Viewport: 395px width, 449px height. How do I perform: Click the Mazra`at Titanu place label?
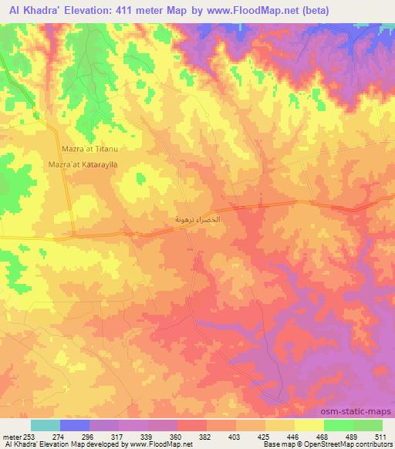(89, 148)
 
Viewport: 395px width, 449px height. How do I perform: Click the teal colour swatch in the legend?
(46, 425)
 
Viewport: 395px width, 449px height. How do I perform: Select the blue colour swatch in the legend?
(75, 425)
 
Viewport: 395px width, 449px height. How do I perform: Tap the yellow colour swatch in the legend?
(309, 425)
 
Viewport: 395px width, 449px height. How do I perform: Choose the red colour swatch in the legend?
(192, 425)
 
